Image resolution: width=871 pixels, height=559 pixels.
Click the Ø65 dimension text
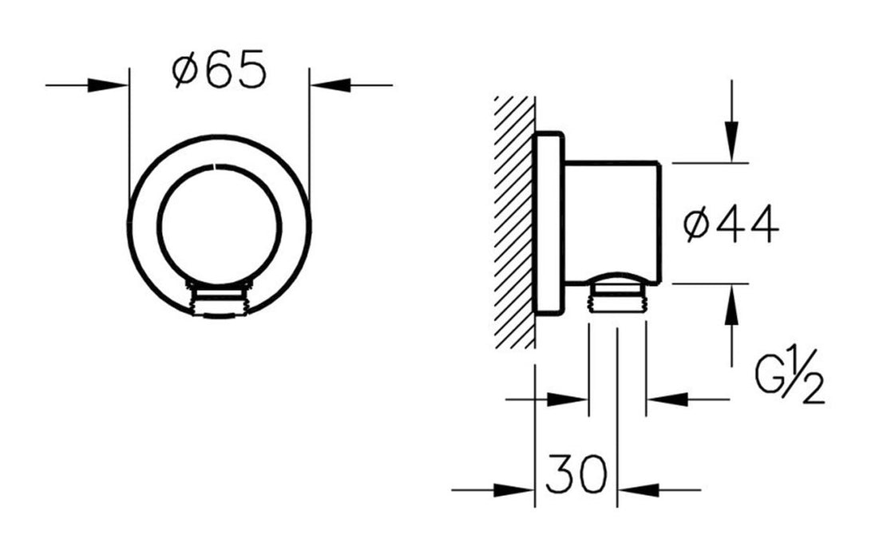218,73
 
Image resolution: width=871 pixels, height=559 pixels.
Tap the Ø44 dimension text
730,226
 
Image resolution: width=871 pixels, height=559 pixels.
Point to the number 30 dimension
576,476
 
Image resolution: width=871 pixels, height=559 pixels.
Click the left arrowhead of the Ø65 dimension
109,85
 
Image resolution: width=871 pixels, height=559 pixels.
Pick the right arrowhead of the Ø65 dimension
331,85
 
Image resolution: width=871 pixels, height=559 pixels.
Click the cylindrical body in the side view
611,220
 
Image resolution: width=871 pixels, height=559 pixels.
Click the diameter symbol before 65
184,73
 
